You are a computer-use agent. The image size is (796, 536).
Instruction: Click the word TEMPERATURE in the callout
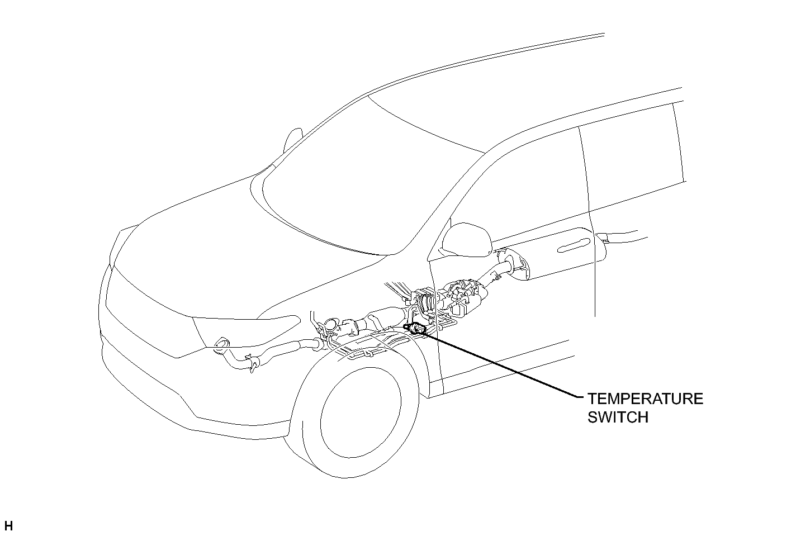click(645, 399)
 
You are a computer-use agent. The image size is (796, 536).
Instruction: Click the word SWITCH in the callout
click(618, 418)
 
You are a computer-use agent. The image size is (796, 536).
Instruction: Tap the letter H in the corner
click(8, 526)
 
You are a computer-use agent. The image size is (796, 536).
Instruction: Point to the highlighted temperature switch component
click(416, 329)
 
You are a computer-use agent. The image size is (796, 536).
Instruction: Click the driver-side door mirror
click(466, 240)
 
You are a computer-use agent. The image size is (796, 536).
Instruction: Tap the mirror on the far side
click(292, 140)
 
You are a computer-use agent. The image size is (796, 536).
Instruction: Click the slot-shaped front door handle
click(574, 245)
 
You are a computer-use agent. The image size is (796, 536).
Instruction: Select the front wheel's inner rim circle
click(361, 412)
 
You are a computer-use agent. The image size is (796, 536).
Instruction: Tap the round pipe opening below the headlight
click(222, 344)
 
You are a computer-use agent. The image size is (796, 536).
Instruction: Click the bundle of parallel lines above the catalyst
click(397, 290)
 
